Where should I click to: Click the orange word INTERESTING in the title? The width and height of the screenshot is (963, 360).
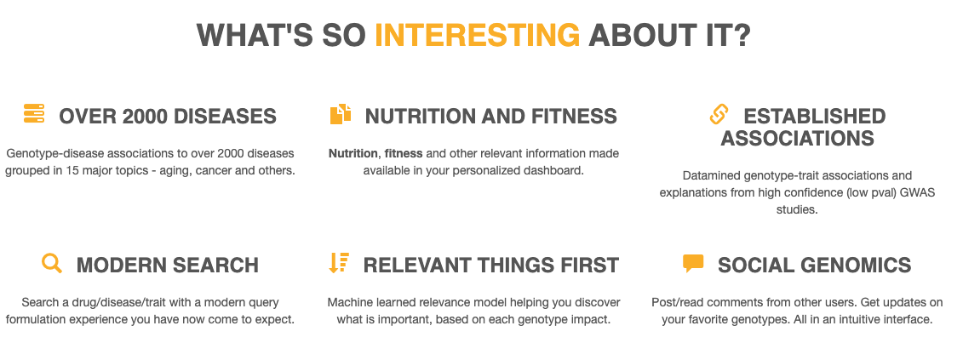(477, 34)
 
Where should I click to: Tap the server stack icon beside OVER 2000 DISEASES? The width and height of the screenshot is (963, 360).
(34, 114)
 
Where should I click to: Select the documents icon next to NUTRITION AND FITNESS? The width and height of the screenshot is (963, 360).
(341, 114)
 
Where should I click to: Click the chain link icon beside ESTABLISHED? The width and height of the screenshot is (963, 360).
(719, 114)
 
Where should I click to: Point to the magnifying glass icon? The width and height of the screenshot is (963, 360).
(52, 263)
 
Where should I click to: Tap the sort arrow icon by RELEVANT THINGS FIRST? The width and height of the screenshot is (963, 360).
(339, 263)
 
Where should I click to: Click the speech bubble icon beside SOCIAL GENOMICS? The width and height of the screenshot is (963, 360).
(693, 264)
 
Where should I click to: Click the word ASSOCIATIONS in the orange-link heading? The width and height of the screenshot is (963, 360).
(797, 138)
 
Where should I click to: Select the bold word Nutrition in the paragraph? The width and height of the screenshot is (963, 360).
(353, 153)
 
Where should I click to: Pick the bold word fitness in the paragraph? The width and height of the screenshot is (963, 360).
(404, 153)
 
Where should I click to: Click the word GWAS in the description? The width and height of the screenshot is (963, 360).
(919, 193)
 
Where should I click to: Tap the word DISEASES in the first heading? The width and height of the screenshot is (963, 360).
(223, 116)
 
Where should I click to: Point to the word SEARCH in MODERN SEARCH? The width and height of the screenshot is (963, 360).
(215, 266)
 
